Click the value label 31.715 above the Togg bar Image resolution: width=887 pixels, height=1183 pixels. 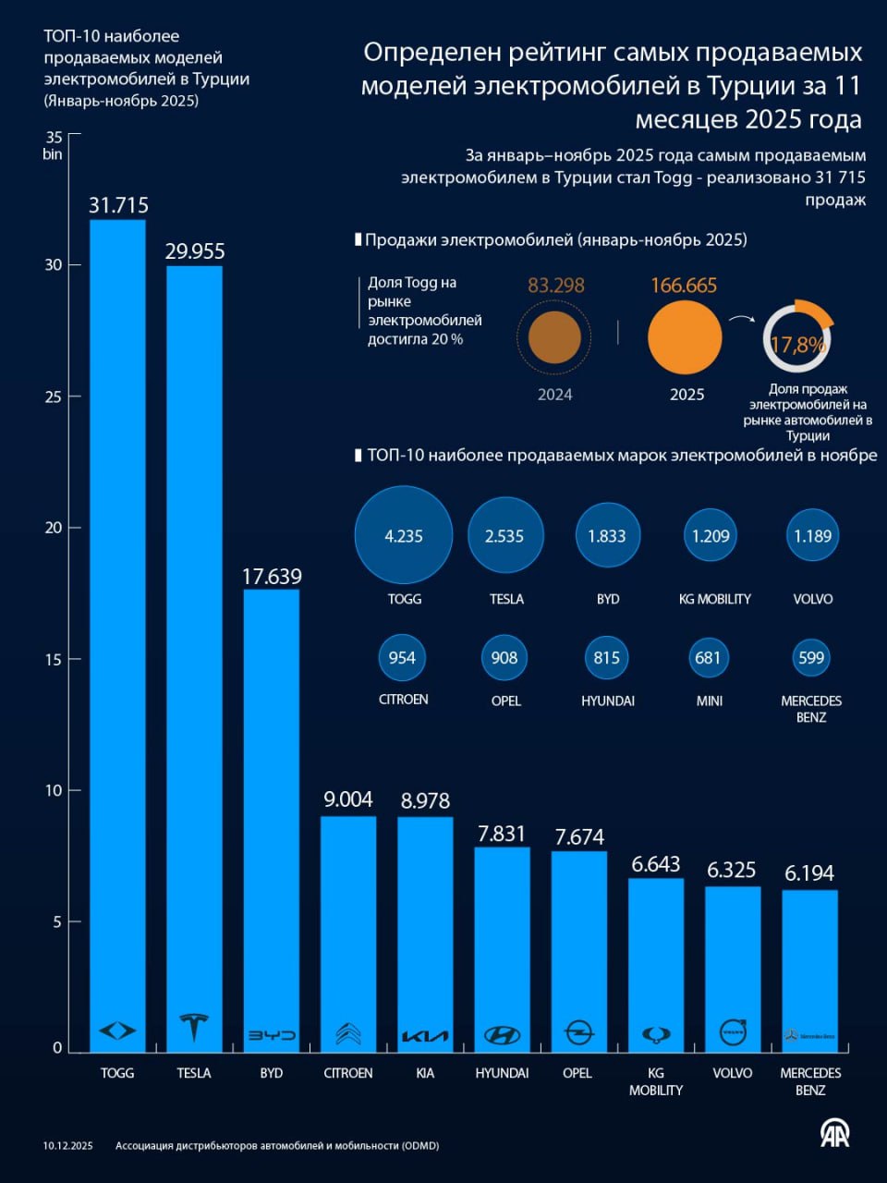118,205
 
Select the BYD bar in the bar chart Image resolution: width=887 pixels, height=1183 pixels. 271,813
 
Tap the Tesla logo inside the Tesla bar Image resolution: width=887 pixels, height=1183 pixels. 194,1027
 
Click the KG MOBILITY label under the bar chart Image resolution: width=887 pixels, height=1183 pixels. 655,1081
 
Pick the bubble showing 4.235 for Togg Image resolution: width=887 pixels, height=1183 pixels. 404,536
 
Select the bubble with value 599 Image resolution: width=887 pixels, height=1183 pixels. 810,658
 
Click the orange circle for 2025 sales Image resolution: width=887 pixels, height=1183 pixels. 684,337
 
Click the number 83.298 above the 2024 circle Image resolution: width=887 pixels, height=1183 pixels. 556,286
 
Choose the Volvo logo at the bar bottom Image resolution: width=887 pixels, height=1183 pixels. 733,1031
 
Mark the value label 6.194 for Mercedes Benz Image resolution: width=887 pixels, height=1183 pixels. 809,873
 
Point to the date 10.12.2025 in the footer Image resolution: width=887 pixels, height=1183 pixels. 67,1146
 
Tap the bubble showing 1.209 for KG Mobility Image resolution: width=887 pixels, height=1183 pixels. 711,536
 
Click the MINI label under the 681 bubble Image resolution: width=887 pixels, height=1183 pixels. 709,701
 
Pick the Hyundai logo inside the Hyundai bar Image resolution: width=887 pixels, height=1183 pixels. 502,1034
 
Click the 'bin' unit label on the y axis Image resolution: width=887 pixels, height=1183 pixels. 52,154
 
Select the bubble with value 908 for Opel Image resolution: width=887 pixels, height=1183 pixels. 504,658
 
